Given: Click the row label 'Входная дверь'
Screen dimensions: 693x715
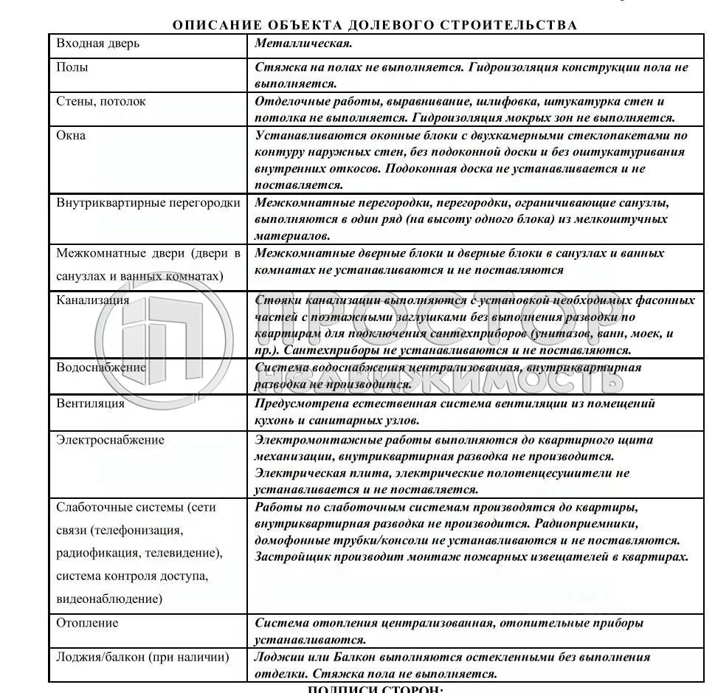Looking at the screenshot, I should pos(97,44).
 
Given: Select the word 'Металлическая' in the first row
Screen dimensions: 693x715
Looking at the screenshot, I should pos(301,44).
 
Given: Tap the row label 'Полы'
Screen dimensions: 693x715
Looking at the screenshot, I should pos(72,67).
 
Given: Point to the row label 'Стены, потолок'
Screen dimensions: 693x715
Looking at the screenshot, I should pos(101,102).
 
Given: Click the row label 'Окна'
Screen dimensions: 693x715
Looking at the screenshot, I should pos(71,136).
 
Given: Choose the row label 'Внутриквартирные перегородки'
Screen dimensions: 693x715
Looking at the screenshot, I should pos(148,203).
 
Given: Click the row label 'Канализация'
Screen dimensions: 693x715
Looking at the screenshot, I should pos(93,300).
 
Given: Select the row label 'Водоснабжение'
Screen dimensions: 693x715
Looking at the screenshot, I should pos(101,368).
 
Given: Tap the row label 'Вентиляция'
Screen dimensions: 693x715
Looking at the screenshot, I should pos(90,404).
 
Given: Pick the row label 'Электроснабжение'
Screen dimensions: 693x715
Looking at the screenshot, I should pos(110,441).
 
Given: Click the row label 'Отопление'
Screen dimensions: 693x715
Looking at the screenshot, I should pos(87,623).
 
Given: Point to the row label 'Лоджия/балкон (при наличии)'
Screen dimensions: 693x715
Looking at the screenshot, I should pos(142,657).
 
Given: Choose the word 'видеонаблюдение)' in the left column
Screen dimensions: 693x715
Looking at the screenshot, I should pos(109,599).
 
